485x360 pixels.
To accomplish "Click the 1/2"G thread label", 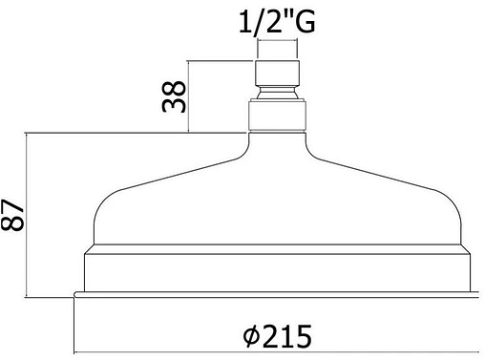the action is pos(277,22).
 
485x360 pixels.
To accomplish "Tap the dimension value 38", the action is pos(174,96).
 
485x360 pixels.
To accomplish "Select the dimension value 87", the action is pos(12,215).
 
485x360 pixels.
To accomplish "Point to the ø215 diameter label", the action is pos(277,336).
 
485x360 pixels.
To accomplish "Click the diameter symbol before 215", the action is pos(251,336).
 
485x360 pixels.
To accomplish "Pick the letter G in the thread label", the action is pos(304,22).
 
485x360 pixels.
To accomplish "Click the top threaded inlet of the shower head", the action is pos(277,73).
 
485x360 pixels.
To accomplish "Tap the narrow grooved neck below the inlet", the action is pos(277,93).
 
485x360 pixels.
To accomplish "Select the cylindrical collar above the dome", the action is pos(277,116).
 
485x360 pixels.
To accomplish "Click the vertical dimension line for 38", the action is pos(189,96).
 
